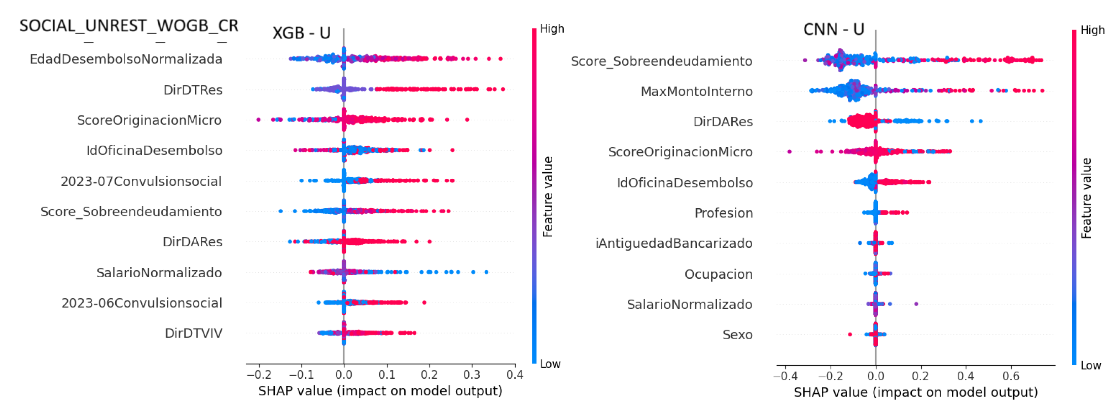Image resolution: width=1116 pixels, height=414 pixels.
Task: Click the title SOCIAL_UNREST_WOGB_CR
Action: point(129,26)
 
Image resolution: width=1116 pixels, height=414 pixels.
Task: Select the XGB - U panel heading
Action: point(301,33)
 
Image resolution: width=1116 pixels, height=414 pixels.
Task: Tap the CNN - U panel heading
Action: point(833,30)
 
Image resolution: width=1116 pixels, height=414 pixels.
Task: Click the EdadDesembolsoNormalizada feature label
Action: point(126,59)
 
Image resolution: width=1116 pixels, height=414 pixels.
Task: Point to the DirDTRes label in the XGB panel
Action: point(193,90)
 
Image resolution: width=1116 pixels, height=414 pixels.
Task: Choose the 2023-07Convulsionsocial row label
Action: point(141,181)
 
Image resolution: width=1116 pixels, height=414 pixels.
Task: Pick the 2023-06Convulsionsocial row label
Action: point(142,303)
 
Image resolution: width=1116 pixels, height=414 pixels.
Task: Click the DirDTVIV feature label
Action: point(193,333)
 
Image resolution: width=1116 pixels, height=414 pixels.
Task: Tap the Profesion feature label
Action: point(723,213)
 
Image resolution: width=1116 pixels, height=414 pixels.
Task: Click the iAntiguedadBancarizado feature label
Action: point(674,243)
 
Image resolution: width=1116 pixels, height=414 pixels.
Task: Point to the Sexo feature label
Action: point(737,335)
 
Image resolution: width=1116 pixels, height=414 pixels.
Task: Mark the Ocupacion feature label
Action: point(718,274)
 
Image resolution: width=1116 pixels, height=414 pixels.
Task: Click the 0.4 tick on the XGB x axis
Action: point(514,375)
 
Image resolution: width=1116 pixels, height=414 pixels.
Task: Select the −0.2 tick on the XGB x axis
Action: point(259,375)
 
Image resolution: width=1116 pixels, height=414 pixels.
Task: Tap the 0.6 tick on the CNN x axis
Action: point(1011,376)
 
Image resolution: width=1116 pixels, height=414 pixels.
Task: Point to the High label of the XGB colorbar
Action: point(552,29)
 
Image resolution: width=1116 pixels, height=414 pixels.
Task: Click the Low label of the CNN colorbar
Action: point(1091,366)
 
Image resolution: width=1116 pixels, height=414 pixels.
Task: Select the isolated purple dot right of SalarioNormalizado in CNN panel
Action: point(916,304)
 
